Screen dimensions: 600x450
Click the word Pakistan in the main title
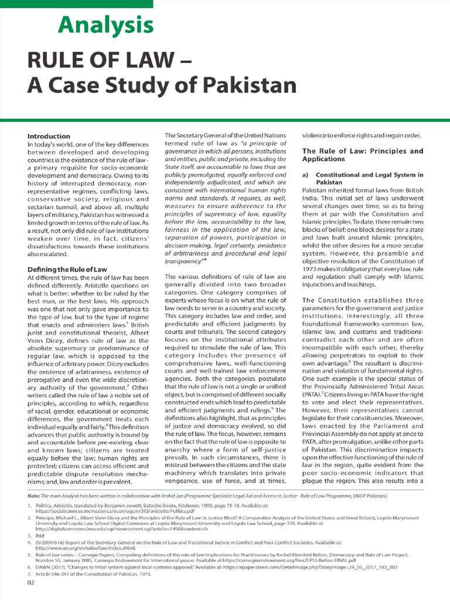[x=246, y=85]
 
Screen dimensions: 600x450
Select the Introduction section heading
[x=49, y=136]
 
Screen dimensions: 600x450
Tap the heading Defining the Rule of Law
[x=67, y=269]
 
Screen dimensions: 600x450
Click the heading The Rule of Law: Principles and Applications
[x=362, y=155]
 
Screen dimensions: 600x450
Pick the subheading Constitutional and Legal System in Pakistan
[x=368, y=179]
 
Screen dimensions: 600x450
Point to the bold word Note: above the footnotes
[x=35, y=496]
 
